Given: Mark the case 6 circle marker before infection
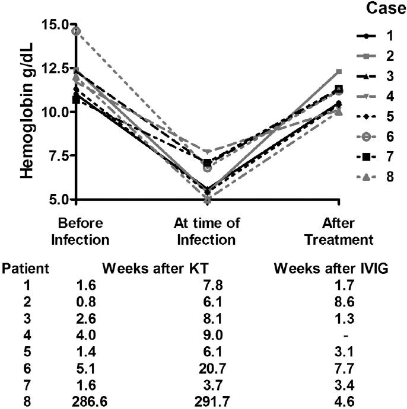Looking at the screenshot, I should (76, 31).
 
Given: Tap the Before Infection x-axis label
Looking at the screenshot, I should (81, 232).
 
